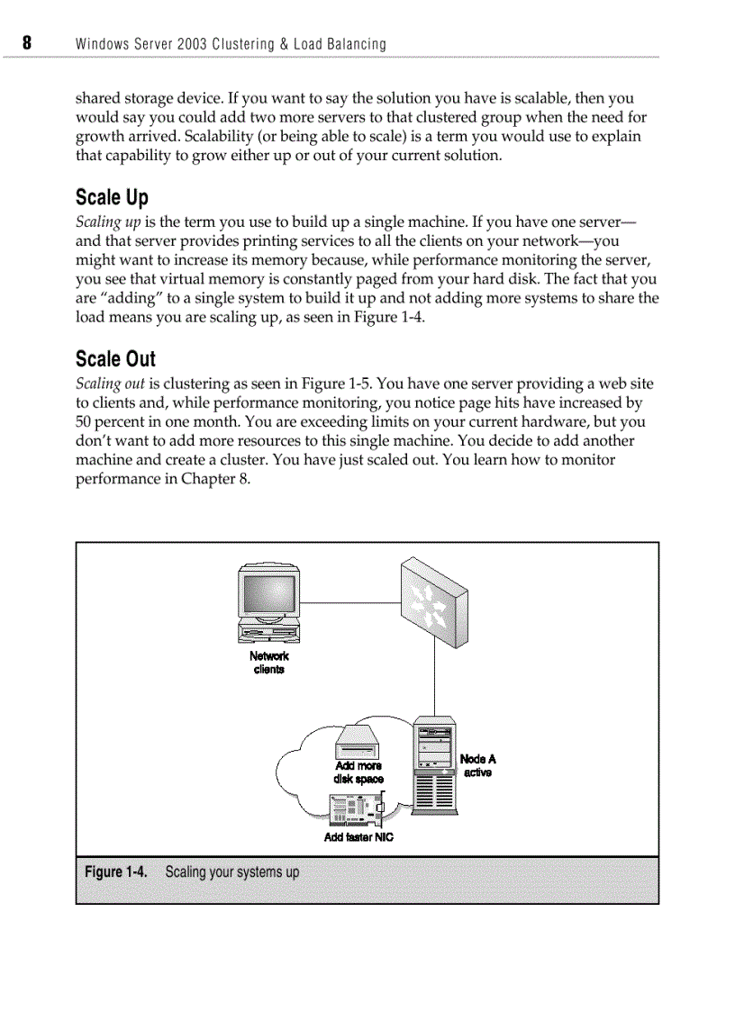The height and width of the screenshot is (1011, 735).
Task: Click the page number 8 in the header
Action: (x=27, y=43)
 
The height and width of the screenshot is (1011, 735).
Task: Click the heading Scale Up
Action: (x=112, y=197)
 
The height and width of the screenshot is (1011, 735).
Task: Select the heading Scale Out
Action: (x=115, y=358)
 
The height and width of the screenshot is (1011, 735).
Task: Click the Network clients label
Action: (x=268, y=663)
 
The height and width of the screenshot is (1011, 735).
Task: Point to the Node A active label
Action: (x=477, y=766)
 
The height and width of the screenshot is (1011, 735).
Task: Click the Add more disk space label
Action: (x=358, y=772)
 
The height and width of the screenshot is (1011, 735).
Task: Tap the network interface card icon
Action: (x=357, y=810)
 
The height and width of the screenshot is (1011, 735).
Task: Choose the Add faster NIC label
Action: (x=358, y=837)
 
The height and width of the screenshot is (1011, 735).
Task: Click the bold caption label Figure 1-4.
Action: (x=115, y=871)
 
